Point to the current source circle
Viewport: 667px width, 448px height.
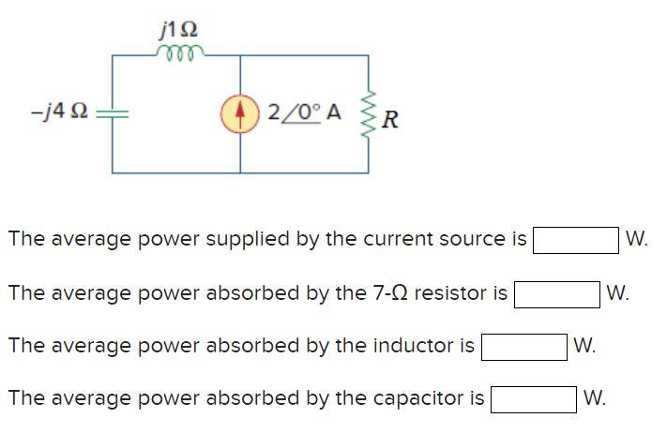click(240, 114)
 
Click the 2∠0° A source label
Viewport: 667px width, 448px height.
click(304, 113)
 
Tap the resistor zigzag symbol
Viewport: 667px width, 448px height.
click(368, 114)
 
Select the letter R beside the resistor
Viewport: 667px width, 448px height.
click(391, 119)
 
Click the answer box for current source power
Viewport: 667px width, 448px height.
click(575, 239)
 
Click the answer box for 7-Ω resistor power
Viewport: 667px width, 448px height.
click(556, 293)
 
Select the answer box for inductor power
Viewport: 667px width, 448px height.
click(524, 346)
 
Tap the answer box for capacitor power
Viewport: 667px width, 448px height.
click(534, 398)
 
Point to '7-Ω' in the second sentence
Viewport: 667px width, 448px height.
click(390, 292)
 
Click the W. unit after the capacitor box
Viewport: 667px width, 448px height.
click(595, 398)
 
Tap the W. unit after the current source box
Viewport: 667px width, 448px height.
click(636, 239)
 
